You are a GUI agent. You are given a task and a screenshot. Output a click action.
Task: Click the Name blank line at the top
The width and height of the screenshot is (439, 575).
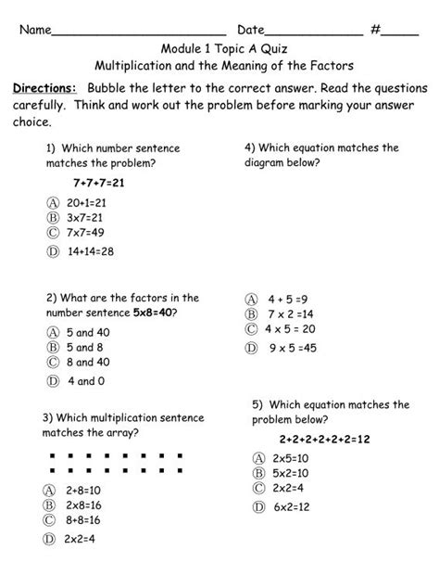[139, 32]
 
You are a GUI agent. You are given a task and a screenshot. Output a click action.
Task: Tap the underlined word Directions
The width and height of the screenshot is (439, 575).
[44, 87]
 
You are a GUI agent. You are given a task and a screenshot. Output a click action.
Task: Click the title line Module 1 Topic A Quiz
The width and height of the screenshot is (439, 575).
[219, 49]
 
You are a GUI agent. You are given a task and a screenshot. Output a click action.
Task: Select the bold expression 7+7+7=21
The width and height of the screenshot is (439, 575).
[99, 183]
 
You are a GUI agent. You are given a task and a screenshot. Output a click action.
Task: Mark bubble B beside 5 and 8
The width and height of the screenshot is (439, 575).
[49, 347]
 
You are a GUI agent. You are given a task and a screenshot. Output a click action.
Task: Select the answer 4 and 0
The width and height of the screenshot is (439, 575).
[85, 380]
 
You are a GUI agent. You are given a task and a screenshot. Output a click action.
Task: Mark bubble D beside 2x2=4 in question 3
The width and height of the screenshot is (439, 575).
[49, 538]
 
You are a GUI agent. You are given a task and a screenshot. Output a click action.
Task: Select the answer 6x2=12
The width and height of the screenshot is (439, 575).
[290, 506]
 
